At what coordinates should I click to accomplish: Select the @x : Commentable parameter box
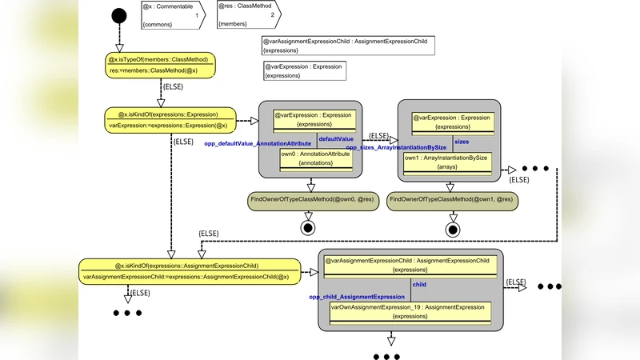coord(171,15)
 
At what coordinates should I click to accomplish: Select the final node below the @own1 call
coord(452,230)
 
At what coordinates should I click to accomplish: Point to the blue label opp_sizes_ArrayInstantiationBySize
coord(396,148)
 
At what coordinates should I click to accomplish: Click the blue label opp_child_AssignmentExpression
coord(357,297)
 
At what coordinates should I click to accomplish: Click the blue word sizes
coord(462,142)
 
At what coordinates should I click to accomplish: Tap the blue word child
coord(418,284)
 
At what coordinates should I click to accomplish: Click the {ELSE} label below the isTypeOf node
coord(174,86)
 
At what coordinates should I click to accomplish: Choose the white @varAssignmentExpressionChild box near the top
coord(348,45)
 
